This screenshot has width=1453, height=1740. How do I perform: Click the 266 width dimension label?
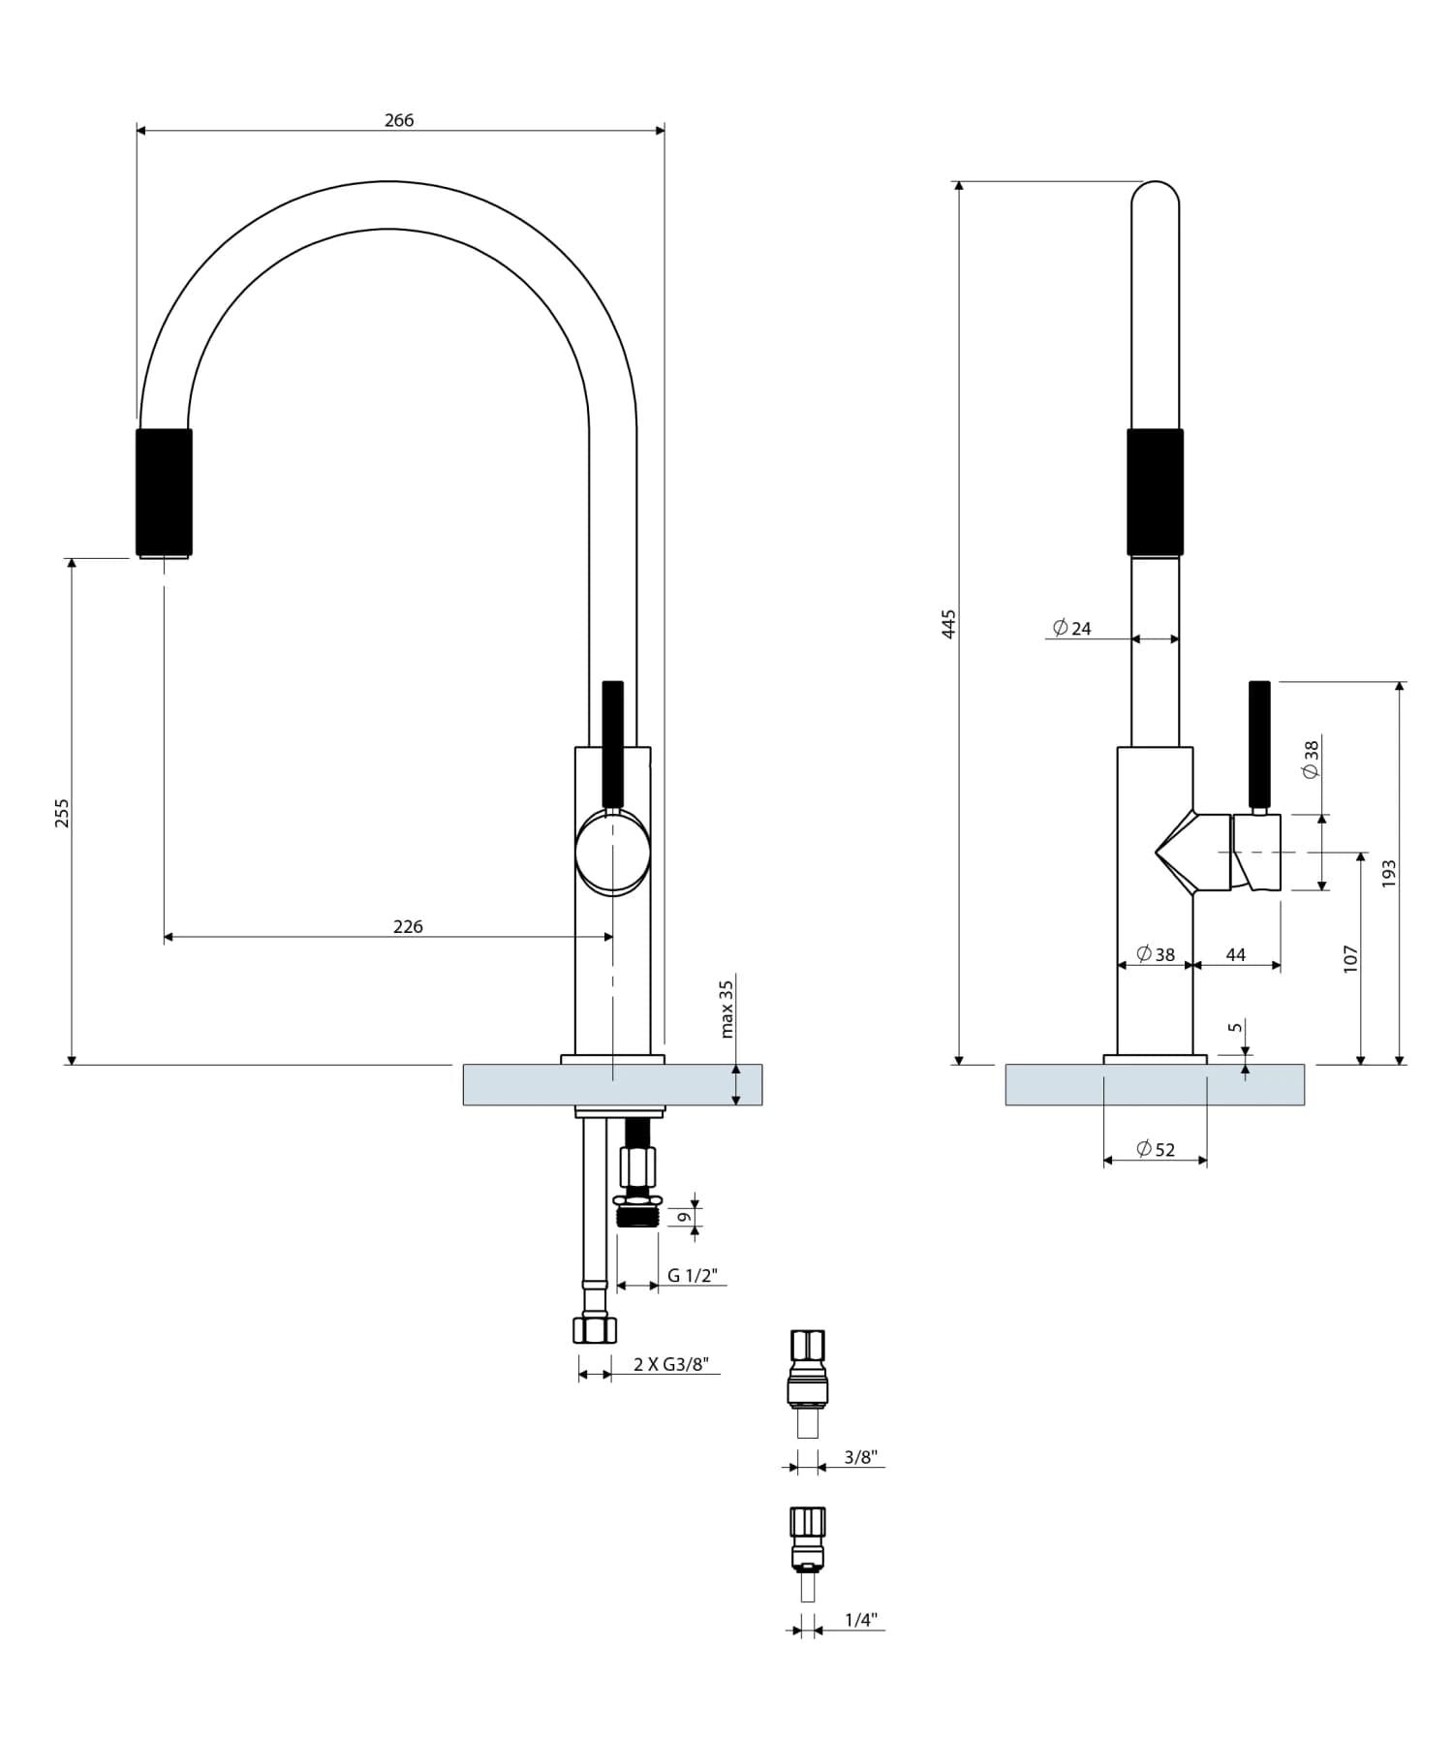click(399, 120)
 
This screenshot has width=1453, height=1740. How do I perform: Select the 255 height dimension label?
click(62, 812)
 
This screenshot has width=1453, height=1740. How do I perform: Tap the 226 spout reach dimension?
click(408, 926)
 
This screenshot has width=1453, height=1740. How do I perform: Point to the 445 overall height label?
click(949, 623)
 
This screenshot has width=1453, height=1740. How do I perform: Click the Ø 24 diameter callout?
click(1072, 628)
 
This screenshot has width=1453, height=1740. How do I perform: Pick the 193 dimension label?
click(1388, 872)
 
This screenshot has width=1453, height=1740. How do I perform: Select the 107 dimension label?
click(1351, 958)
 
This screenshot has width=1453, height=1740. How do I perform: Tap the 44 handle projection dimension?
click(1236, 954)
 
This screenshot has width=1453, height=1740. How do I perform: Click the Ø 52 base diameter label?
click(1156, 1149)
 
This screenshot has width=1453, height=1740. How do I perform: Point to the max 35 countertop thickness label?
click(726, 1009)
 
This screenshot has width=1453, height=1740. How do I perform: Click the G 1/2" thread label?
click(692, 1275)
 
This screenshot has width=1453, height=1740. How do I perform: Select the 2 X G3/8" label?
click(670, 1364)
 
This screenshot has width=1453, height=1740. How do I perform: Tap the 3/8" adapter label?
click(860, 1456)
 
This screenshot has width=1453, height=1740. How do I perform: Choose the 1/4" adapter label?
click(860, 1619)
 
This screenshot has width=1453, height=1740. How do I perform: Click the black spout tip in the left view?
click(164, 492)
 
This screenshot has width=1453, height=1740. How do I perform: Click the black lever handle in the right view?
click(1259, 744)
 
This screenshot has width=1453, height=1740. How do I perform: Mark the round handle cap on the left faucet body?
click(612, 853)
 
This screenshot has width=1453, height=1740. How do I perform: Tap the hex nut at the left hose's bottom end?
click(594, 1328)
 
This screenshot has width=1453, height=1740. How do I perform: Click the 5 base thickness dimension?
click(1234, 1027)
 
